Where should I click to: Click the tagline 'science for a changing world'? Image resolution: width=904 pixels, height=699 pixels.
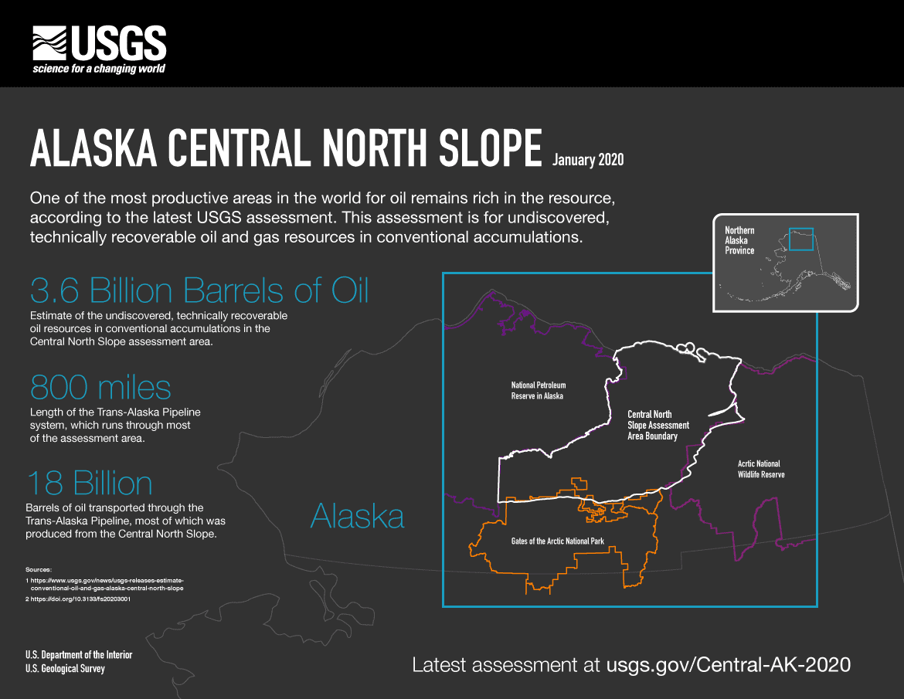tap(98, 69)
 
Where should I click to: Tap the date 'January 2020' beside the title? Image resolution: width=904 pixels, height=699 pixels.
tap(588, 160)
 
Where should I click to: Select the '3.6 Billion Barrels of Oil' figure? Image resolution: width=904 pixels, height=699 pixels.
tap(199, 290)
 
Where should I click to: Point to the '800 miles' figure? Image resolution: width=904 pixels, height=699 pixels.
tap(100, 386)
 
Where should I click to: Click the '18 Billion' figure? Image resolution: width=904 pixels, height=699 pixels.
tap(90, 484)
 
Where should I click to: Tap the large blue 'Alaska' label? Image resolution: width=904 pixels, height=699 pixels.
tap(357, 516)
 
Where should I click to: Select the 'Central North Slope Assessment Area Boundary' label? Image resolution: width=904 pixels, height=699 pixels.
tap(658, 426)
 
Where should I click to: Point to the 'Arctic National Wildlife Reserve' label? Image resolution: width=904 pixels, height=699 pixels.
tap(761, 469)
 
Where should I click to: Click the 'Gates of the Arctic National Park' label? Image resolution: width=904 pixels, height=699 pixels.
tap(557, 541)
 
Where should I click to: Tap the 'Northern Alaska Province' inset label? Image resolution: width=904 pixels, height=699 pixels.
tap(739, 240)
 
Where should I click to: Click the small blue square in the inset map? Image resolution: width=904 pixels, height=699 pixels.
tap(800, 239)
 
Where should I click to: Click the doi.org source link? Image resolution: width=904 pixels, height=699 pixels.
tap(77, 599)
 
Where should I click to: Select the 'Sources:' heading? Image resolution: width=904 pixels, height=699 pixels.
tap(39, 568)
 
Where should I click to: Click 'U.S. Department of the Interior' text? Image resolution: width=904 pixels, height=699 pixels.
tap(79, 655)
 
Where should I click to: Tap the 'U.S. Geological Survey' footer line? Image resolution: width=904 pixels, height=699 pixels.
tap(65, 668)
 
